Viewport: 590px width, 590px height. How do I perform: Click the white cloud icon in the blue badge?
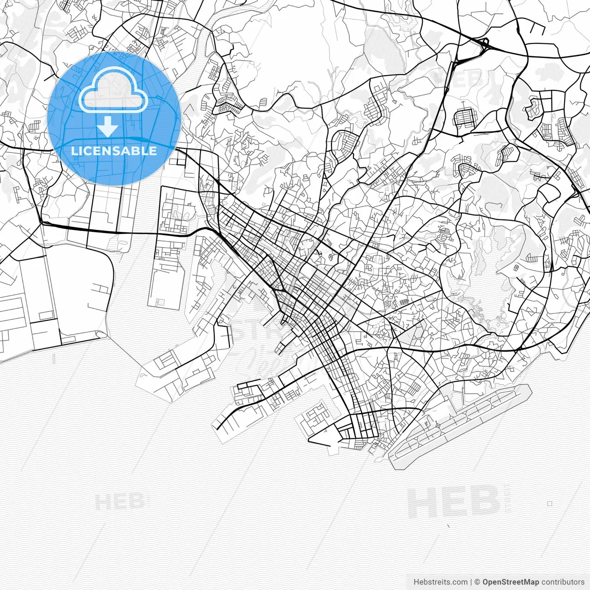[x=114, y=92]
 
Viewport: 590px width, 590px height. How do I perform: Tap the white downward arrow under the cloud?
[x=108, y=126]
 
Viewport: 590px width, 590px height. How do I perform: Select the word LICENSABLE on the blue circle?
[x=114, y=151]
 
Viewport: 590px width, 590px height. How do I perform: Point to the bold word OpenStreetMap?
[x=511, y=582]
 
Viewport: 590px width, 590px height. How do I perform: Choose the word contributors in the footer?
[x=563, y=582]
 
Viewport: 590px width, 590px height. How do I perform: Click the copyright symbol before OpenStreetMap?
[x=478, y=582]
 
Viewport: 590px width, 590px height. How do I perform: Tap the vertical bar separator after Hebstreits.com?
[x=471, y=582]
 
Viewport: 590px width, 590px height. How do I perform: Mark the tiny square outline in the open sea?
[x=550, y=503]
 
